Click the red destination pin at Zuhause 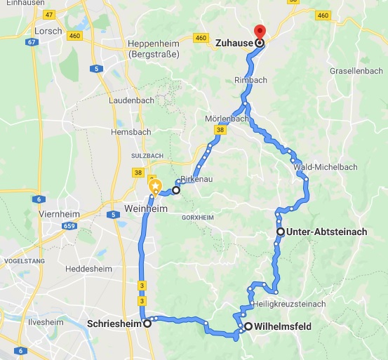pyautogui.click(x=260, y=32)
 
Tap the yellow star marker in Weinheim pyautogui.click(x=155, y=187)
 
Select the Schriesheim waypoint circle pyautogui.click(x=147, y=324)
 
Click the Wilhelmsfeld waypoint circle pyautogui.click(x=248, y=326)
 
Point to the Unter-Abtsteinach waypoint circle pyautogui.click(x=280, y=232)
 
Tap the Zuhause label pyautogui.click(x=234, y=43)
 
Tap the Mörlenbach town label pyautogui.click(x=227, y=119)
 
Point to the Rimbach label pyautogui.click(x=250, y=80)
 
